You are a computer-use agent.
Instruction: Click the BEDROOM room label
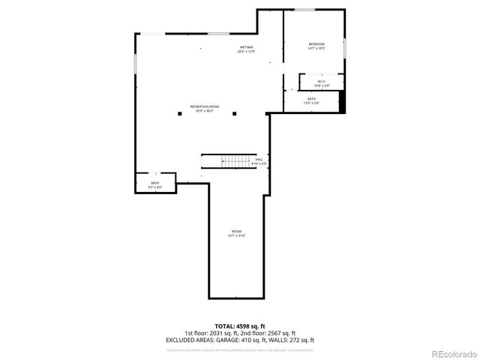316,45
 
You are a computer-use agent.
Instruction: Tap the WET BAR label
246,47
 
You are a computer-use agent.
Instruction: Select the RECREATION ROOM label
204,106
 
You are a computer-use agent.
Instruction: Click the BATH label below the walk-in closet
311,98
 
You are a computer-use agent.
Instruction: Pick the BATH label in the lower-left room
155,182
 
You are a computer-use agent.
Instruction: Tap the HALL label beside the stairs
259,159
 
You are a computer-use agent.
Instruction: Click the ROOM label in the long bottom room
236,231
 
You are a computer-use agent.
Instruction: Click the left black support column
179,114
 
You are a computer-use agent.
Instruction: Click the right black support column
234,114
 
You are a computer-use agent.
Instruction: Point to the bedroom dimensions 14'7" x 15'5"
316,49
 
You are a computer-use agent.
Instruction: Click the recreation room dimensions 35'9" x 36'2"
204,111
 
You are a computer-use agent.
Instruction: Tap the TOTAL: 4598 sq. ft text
239,326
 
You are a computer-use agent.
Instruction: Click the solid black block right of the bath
343,102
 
